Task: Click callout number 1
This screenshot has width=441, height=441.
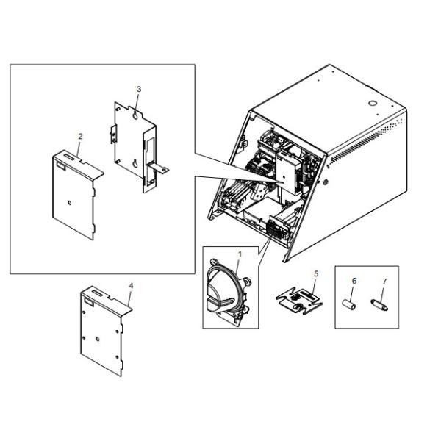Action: pos(240,254)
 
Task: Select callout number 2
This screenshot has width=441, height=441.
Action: pos(80,137)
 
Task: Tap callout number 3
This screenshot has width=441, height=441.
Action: pos(139,89)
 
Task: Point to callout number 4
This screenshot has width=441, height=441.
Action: pos(131,286)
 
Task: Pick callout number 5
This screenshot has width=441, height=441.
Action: pos(316,273)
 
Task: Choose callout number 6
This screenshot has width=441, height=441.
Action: pos(354,281)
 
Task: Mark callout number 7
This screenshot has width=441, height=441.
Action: pos(384,281)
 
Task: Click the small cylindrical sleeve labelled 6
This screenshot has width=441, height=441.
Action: pos(348,305)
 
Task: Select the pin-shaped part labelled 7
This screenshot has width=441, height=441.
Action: pos(379,305)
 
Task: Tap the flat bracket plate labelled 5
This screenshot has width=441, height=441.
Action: pos(299,301)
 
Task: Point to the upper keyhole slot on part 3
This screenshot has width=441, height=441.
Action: pos(135,115)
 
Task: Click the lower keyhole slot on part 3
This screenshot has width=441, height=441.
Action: pos(135,163)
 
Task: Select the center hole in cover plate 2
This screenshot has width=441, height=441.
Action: pos(70,203)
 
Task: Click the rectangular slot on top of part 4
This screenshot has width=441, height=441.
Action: pos(97,293)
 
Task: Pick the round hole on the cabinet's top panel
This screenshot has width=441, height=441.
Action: pos(373,103)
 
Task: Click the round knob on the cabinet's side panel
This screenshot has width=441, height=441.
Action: pos(325,182)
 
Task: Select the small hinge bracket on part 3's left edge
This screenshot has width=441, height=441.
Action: pos(113,135)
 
